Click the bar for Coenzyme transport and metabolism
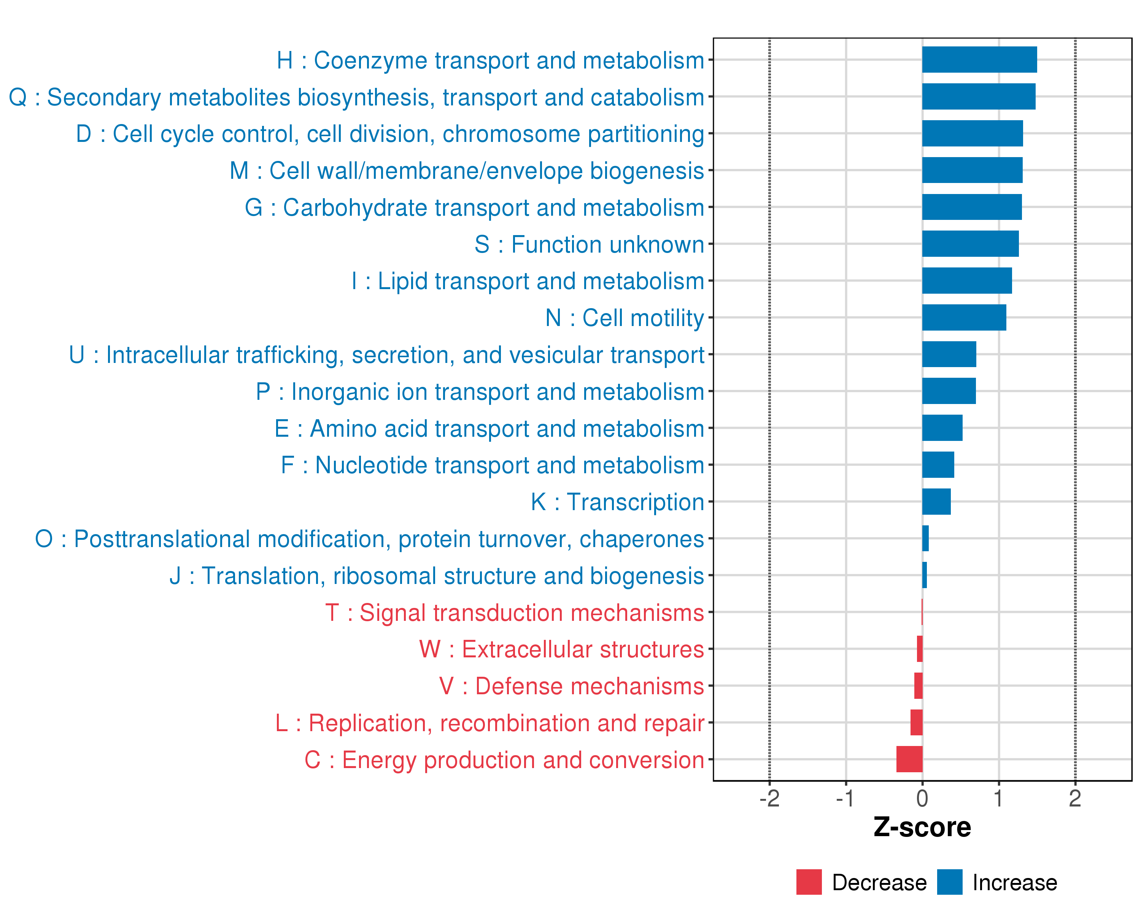click(x=979, y=60)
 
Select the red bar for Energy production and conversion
click(x=909, y=759)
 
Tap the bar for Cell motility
click(x=964, y=318)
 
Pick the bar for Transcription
click(x=936, y=501)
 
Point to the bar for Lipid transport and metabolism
click(x=966, y=280)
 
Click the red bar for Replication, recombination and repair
click(x=916, y=722)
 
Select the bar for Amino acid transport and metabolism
click(x=942, y=428)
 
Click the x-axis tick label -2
click(x=769, y=798)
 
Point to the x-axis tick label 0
click(x=922, y=798)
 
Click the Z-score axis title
click(x=922, y=827)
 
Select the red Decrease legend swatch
click(x=809, y=882)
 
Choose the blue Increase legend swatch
click(x=949, y=882)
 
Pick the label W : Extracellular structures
click(x=561, y=649)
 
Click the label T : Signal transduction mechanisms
click(x=515, y=613)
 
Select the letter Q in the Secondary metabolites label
click(x=18, y=97)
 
